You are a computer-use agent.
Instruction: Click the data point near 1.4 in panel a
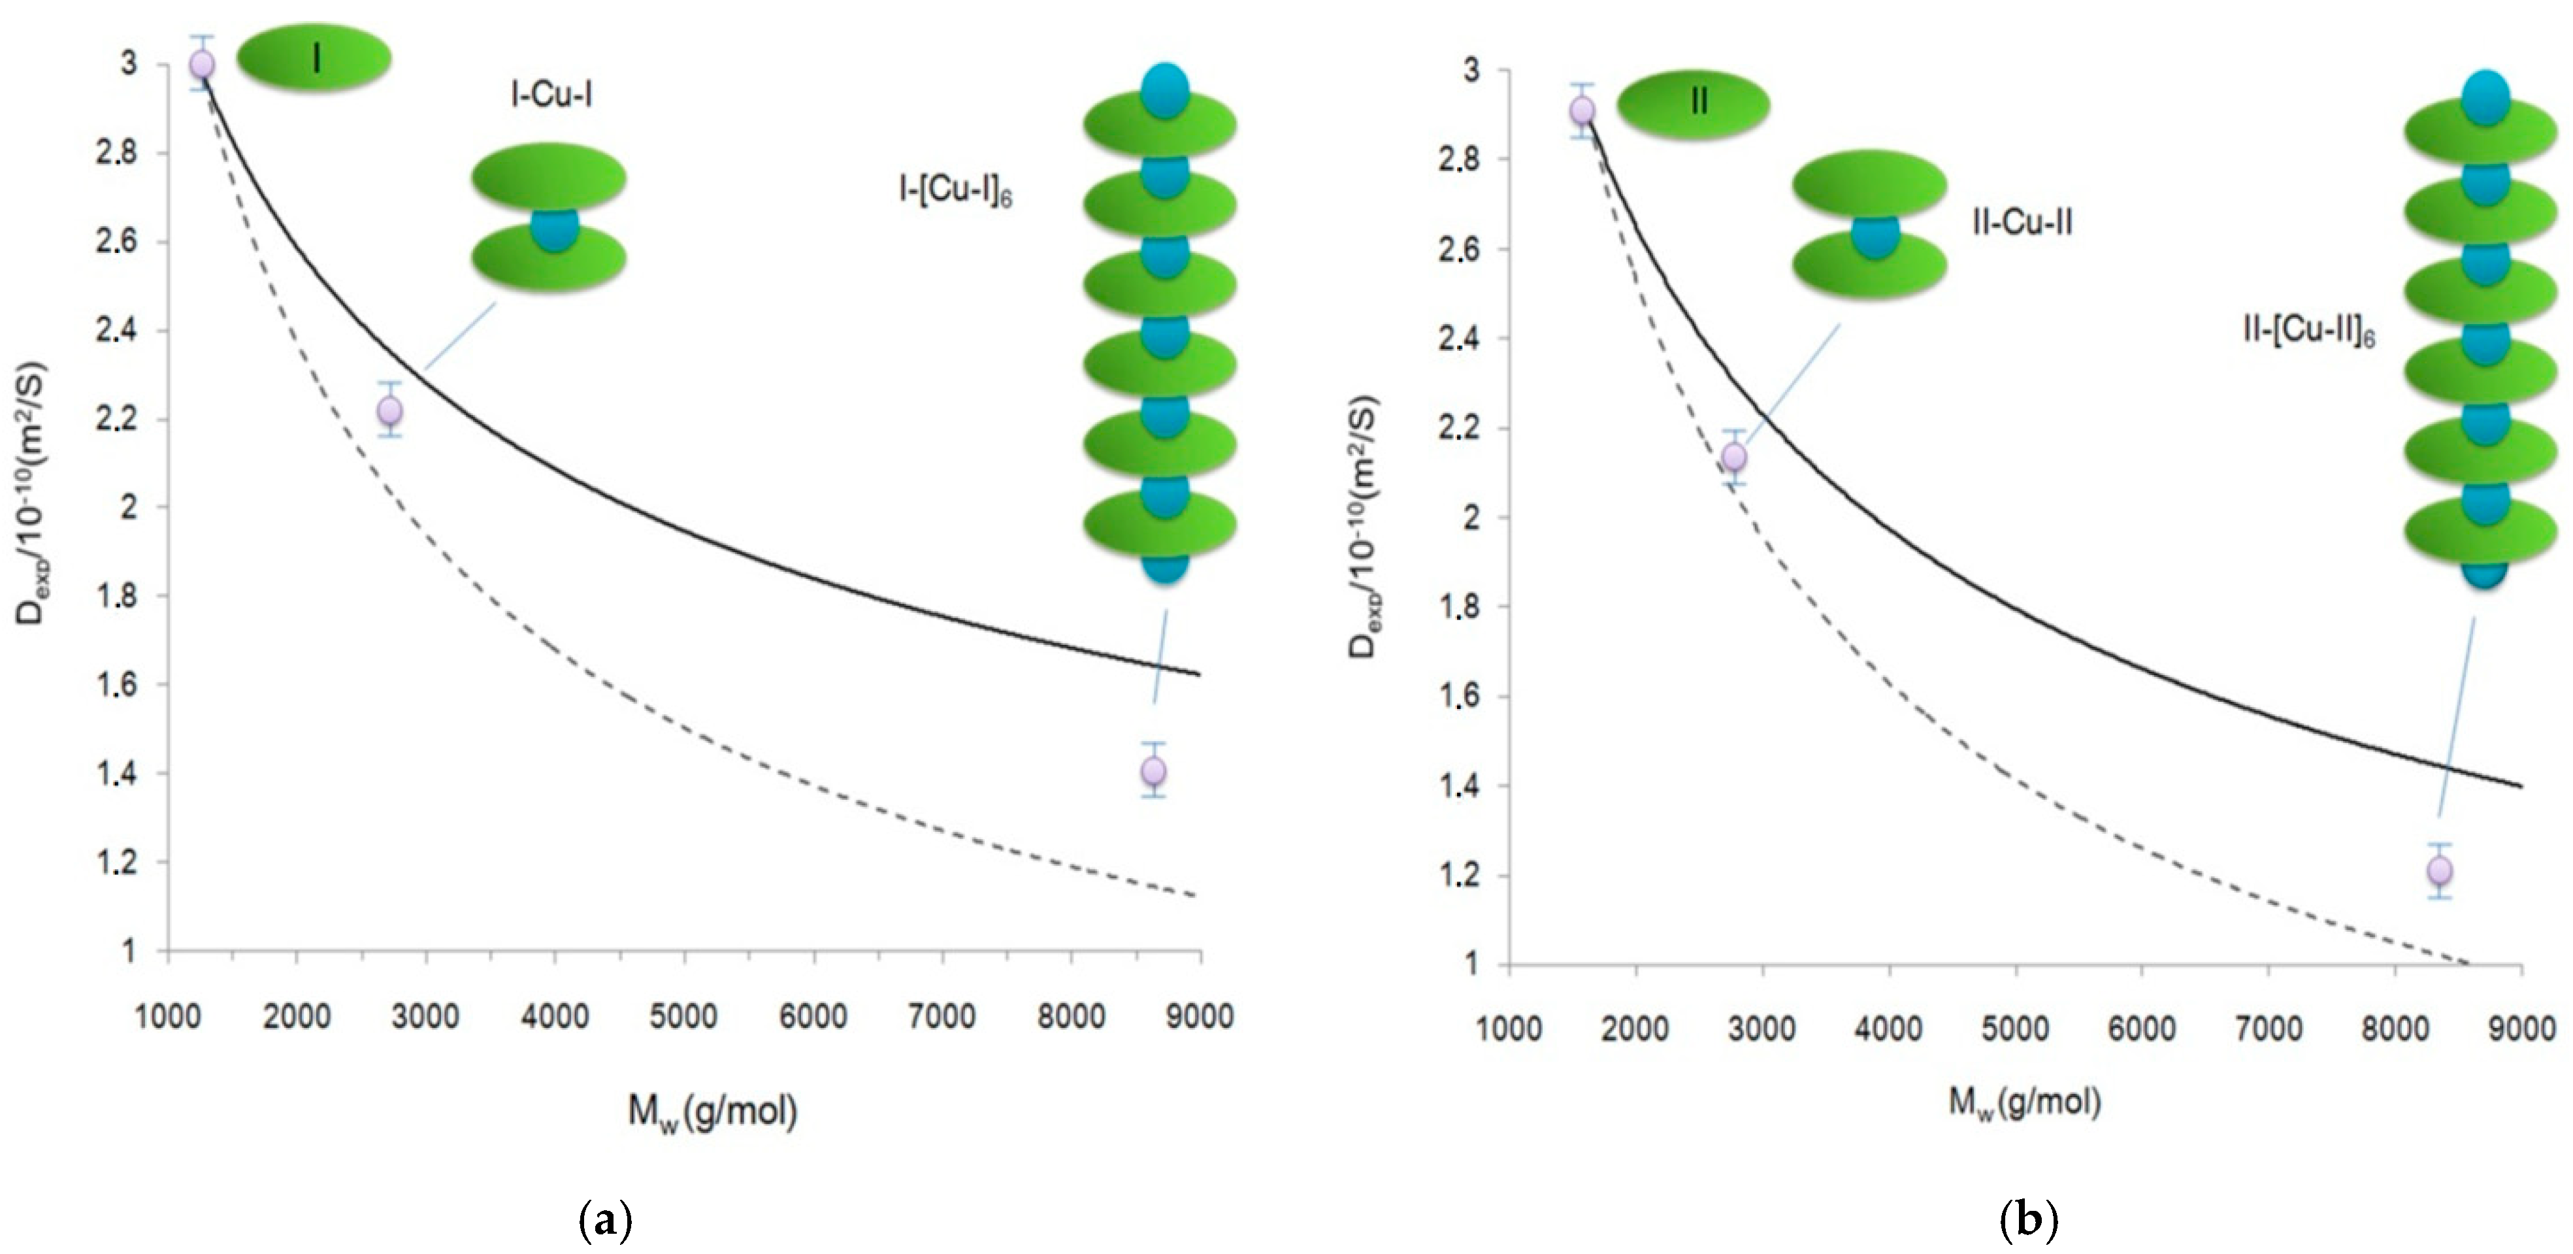(1154, 770)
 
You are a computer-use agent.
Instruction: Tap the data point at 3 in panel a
(202, 64)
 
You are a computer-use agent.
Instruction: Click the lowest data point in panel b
(2439, 871)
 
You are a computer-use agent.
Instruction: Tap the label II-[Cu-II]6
(2307, 331)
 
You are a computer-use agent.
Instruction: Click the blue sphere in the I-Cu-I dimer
(553, 229)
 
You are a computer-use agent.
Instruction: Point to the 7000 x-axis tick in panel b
(2269, 1028)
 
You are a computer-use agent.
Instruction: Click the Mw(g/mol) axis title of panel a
(712, 1110)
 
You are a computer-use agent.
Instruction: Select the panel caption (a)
(605, 1221)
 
